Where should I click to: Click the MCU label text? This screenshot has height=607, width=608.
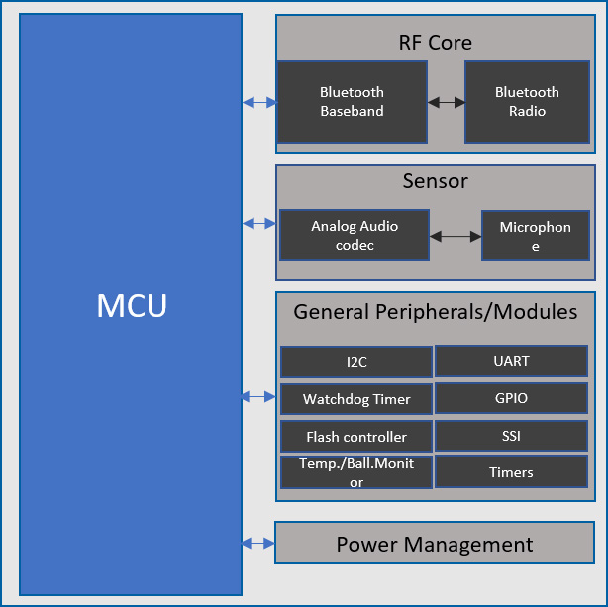(132, 306)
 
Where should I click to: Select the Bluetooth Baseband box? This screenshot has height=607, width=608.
(352, 102)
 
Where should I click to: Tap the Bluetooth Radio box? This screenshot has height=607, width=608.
(527, 102)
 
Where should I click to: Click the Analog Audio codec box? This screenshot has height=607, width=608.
(355, 236)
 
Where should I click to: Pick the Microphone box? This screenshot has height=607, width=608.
(535, 236)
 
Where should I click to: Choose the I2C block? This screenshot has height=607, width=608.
(356, 362)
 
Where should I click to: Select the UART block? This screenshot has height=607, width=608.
(511, 361)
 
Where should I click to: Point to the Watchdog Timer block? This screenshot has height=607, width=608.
(356, 400)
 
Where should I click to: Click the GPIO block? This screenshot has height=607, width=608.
(511, 398)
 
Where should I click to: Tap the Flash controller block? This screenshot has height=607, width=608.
(356, 437)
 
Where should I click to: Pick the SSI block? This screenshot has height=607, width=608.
(511, 436)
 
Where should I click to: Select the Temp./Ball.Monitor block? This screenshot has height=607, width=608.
(356, 473)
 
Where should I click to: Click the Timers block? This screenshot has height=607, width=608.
(511, 472)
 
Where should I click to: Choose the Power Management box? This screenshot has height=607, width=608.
(435, 544)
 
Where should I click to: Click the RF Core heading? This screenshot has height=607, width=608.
(435, 43)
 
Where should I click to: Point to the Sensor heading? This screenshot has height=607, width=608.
(435, 181)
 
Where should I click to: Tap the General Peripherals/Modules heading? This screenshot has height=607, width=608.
(435, 312)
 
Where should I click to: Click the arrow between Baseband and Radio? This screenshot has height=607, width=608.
(446, 102)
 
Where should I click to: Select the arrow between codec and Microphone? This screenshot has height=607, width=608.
(456, 236)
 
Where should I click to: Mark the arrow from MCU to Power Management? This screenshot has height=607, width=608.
(258, 543)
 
